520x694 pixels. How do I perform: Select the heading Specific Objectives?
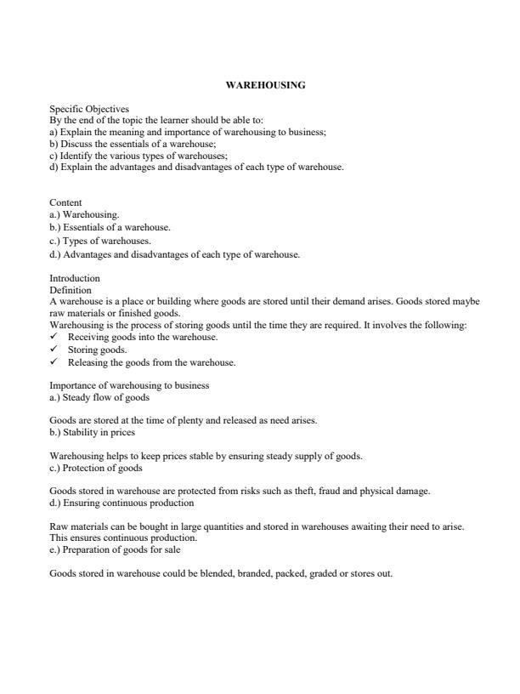click(89, 109)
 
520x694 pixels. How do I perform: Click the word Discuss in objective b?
click(77, 144)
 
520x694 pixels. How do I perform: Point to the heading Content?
click(65, 203)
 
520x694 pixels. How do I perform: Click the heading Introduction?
click(75, 278)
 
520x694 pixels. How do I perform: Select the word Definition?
click(71, 290)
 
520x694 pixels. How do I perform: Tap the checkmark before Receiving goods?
click(54, 337)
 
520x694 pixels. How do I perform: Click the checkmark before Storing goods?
click(54, 350)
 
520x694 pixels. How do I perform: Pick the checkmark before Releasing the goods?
click(54, 362)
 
